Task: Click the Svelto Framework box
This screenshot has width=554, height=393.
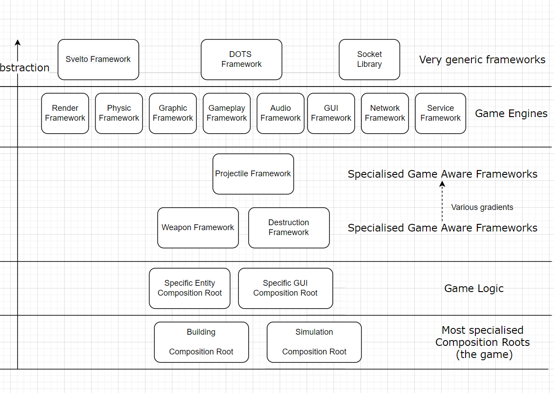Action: pos(98,60)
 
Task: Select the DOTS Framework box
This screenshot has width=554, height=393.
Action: pos(242,60)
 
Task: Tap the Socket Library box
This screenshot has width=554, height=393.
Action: pos(369,60)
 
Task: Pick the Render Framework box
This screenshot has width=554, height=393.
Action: pos(65,114)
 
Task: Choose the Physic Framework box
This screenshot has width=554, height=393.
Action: pos(119,114)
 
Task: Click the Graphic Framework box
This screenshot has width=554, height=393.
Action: pos(173,114)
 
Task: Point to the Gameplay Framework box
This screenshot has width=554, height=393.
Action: pos(227,114)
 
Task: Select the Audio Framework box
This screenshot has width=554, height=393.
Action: pos(281,114)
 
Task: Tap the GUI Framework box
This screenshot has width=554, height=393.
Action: pos(331,114)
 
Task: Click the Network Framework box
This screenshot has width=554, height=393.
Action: pos(385,114)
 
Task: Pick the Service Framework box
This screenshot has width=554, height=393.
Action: pos(440,114)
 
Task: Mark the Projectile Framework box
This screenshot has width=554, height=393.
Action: pos(253,174)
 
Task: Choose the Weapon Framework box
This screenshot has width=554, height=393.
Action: pos(198,228)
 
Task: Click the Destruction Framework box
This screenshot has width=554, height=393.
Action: pos(289,228)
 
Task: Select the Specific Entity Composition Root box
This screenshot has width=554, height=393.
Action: pos(190,288)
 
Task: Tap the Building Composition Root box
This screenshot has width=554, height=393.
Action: pos(201,342)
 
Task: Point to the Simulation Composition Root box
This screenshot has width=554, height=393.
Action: pos(314,342)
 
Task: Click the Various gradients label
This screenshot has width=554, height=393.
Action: pos(482,207)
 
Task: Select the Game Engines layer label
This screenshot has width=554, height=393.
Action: pos(511,114)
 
